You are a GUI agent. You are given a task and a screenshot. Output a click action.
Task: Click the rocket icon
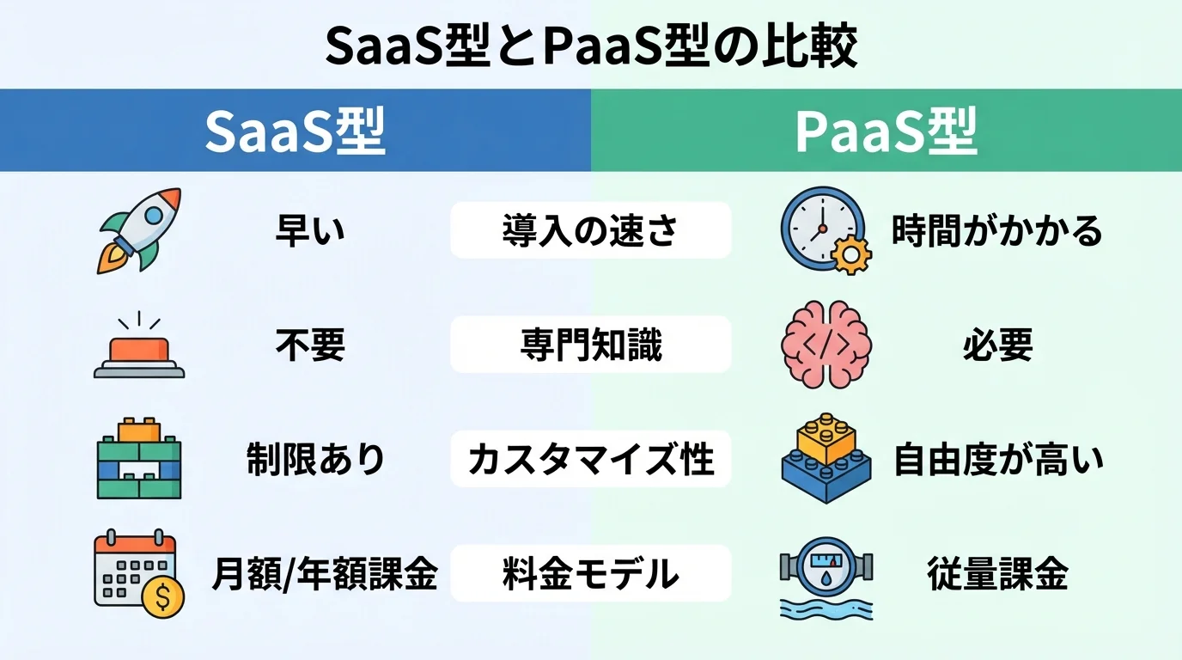[x=139, y=229]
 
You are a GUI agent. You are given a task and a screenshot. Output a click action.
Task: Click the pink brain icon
[x=826, y=345]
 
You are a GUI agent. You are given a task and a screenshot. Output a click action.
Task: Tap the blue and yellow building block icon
[x=827, y=460]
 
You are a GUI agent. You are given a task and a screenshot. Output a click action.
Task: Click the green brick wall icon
[x=139, y=459]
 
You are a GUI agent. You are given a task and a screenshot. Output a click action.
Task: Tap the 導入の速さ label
[x=590, y=230]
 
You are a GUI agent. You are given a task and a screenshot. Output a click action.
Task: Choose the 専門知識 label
[x=590, y=345]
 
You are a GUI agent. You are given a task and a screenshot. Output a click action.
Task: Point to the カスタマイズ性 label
[x=590, y=460]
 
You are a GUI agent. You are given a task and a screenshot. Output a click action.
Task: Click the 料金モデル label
[x=590, y=574]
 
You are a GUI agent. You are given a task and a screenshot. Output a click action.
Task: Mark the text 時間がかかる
[x=996, y=230]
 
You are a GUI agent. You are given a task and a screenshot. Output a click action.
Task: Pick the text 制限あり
[x=316, y=461]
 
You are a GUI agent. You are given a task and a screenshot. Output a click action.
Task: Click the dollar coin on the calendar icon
[x=163, y=596]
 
